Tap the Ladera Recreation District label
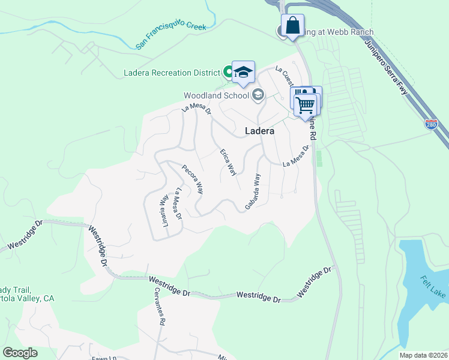(x=172, y=73)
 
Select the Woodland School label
(x=216, y=95)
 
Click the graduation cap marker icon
(x=243, y=72)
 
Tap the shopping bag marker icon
(x=292, y=26)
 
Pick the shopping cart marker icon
(x=306, y=104)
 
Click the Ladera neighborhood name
(x=259, y=131)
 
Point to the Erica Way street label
(x=228, y=162)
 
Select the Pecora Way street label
(x=193, y=179)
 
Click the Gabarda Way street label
(x=253, y=192)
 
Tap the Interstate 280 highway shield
(x=431, y=125)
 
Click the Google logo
(x=20, y=353)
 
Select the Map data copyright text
(x=423, y=355)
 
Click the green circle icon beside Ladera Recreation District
(x=228, y=73)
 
